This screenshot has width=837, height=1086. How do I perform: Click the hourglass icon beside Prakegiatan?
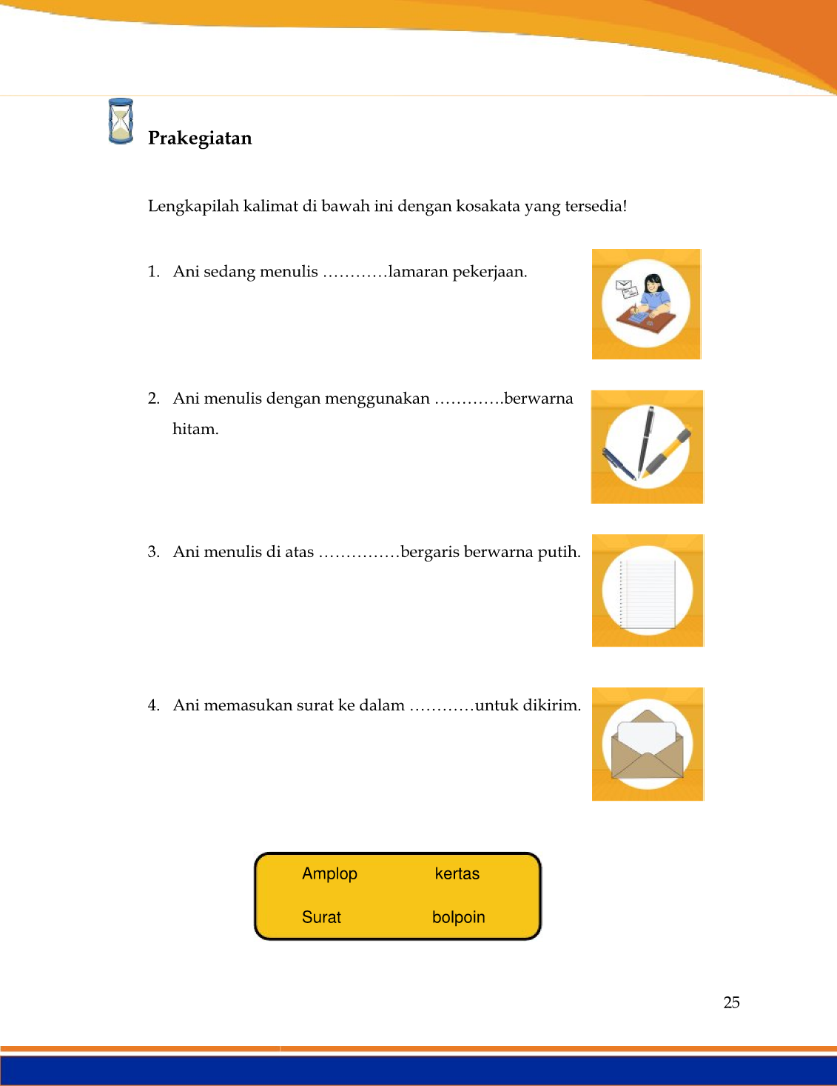[121, 121]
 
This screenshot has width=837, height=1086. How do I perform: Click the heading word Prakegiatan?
[200, 139]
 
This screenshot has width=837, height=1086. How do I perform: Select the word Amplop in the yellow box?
[329, 874]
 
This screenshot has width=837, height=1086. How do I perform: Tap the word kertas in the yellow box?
[457, 874]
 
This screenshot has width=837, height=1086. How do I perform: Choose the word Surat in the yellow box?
[321, 917]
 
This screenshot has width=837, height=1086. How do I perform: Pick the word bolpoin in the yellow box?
[458, 917]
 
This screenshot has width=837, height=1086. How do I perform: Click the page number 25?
[731, 1002]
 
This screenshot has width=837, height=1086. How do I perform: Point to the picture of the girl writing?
[646, 304]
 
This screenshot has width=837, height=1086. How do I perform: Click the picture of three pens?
[647, 447]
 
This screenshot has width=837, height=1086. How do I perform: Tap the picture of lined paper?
[648, 590]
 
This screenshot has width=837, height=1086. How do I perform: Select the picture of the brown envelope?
[648, 744]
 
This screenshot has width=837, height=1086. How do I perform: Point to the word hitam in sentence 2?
[195, 429]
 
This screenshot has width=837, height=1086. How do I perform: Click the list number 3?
[153, 552]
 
